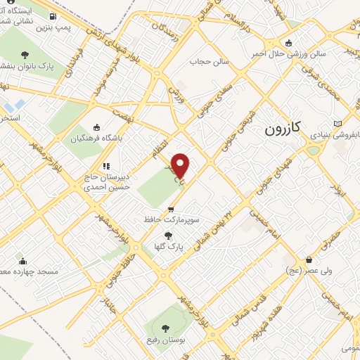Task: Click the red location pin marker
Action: [x=181, y=165]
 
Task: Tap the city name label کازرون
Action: [x=284, y=129]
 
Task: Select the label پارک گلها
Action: [x=167, y=247]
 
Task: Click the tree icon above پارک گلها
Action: [x=167, y=236]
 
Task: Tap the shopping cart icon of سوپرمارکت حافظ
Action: [x=171, y=210]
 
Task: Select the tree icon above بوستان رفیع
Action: [x=165, y=328]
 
